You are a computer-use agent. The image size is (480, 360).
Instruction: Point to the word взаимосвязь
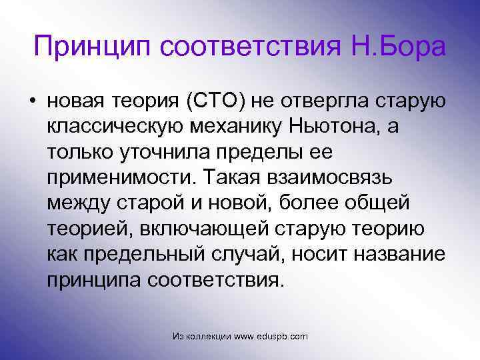pyautogui.click(x=331, y=177)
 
